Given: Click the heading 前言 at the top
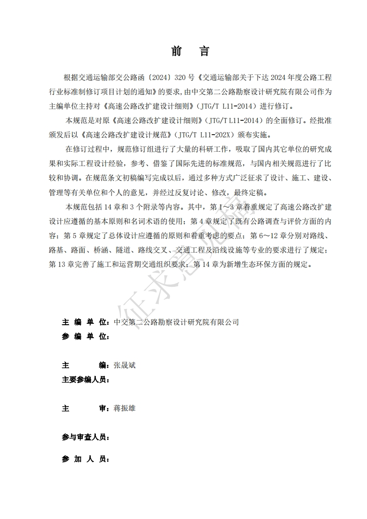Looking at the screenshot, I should (190, 51).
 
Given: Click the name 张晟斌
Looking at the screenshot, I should (124, 365).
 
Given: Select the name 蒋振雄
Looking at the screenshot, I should (124, 408).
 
